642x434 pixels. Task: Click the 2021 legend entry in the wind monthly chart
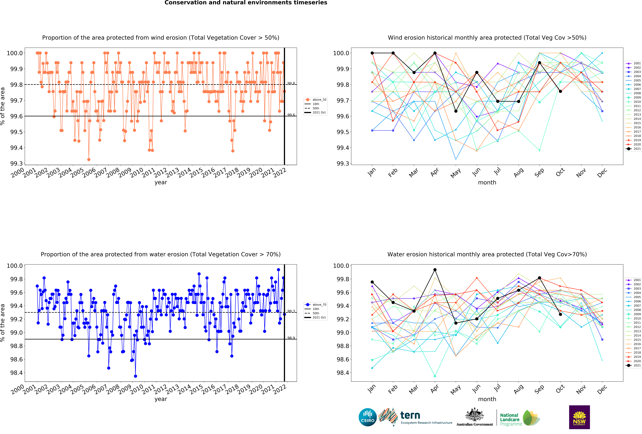[x=633, y=149]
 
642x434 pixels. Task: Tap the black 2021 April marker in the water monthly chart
[x=435, y=270]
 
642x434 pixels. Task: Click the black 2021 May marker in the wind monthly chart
[x=456, y=111]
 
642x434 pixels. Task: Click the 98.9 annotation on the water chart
[x=291, y=338]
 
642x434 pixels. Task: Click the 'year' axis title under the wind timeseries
[x=161, y=182]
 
